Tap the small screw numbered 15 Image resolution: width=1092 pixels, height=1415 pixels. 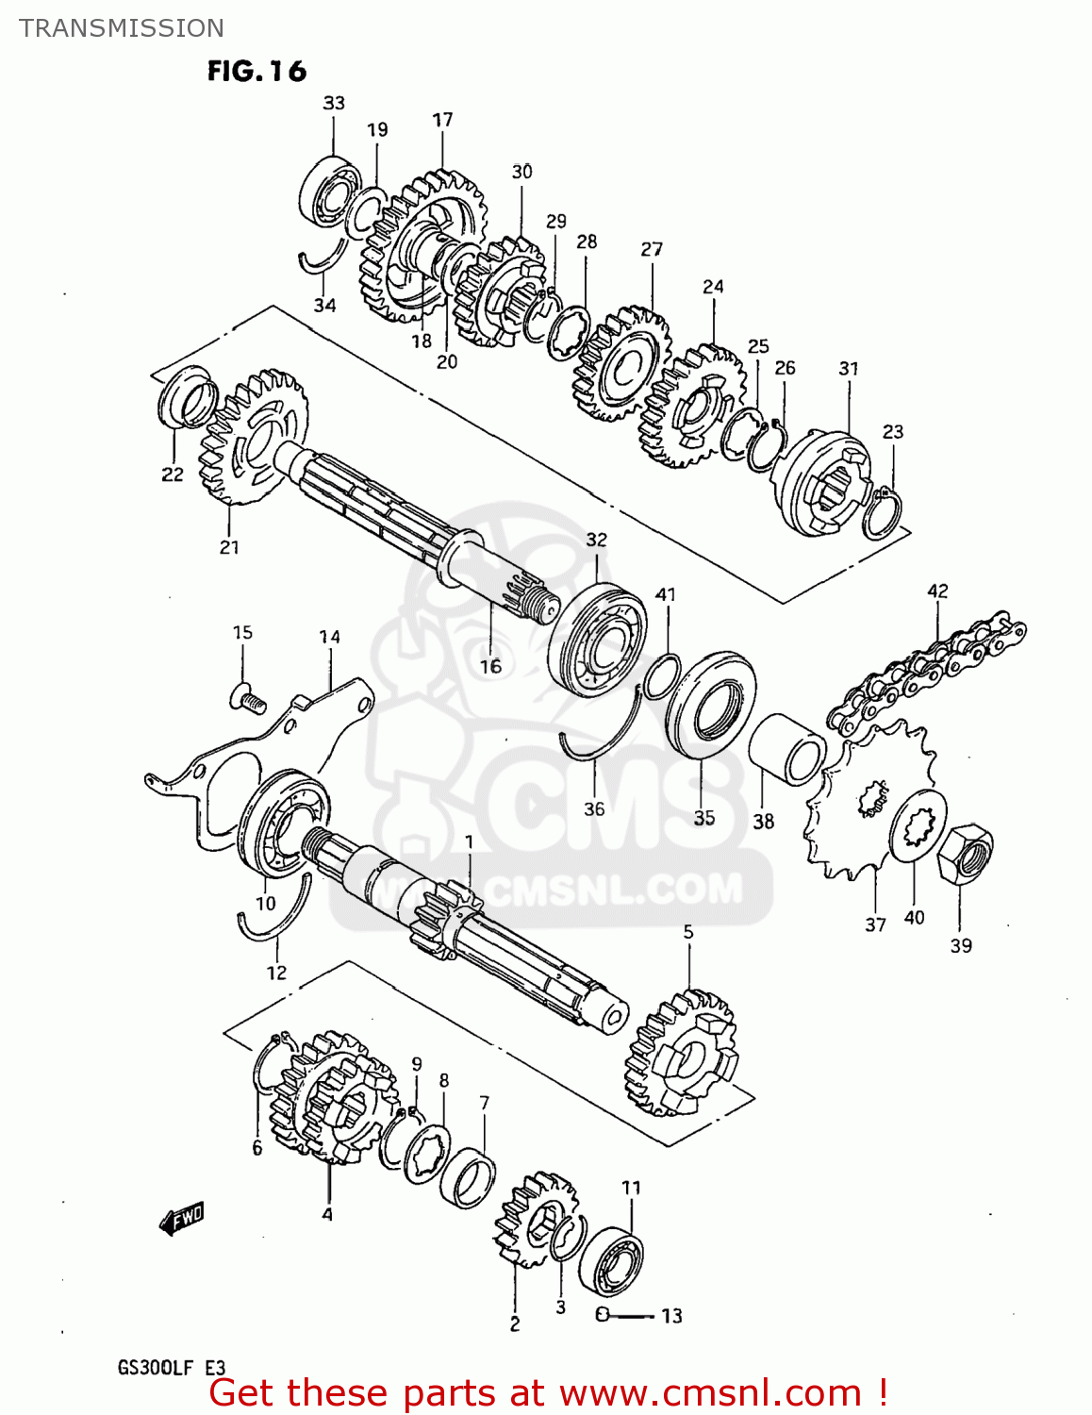[x=246, y=699]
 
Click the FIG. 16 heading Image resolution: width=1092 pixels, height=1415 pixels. [x=256, y=71]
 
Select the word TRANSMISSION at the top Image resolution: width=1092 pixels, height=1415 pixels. [x=122, y=28]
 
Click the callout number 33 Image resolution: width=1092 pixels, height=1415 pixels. [x=334, y=103]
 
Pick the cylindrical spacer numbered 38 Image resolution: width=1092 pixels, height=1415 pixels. [x=786, y=750]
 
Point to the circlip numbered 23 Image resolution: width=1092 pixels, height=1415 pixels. [x=884, y=514]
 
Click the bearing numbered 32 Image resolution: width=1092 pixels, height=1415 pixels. [x=598, y=641]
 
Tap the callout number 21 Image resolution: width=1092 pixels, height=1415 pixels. [x=229, y=547]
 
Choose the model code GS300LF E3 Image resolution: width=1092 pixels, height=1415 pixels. [x=171, y=1367]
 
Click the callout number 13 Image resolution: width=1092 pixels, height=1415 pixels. [x=671, y=1316]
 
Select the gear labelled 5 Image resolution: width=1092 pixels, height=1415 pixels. [x=681, y=1051]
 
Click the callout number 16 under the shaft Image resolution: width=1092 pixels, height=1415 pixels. [x=490, y=666]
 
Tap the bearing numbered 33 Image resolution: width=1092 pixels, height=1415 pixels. [x=328, y=194]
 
